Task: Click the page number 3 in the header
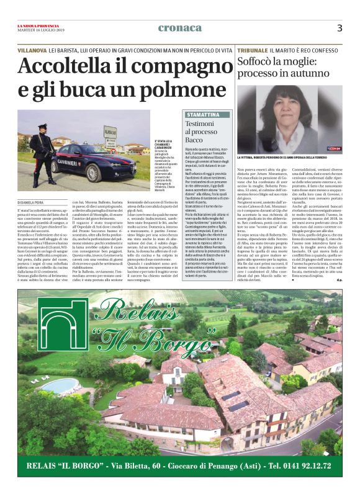(x=340, y=28)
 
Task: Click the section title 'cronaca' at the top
(x=180, y=28)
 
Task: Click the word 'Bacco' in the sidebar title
(x=196, y=140)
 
